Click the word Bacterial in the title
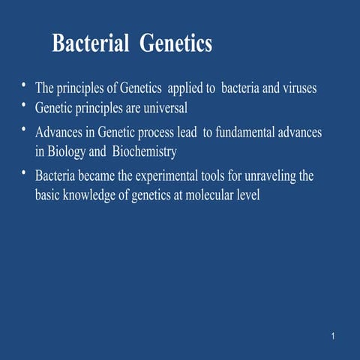pos(92,44)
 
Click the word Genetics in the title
pos(176,44)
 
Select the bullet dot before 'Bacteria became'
pos(25,172)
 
